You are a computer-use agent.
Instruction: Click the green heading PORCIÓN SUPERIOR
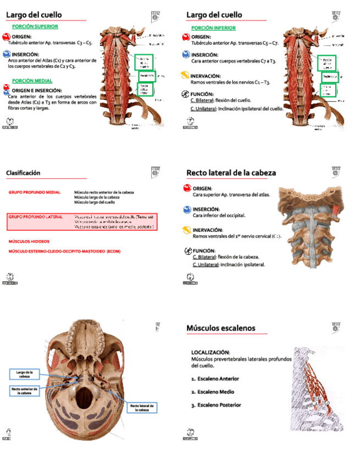[35, 26]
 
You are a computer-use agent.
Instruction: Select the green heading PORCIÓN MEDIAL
[32, 81]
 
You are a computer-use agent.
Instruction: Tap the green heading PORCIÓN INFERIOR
[213, 27]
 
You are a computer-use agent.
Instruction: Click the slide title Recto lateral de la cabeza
[231, 173]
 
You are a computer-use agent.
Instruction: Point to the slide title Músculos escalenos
[220, 328]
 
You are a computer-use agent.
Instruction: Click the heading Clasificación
[23, 173]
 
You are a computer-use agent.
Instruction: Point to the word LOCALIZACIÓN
[211, 352]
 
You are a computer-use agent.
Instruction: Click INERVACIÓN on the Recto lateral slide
[207, 230]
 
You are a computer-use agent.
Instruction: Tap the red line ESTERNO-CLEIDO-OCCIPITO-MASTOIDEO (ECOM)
[64, 251]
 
